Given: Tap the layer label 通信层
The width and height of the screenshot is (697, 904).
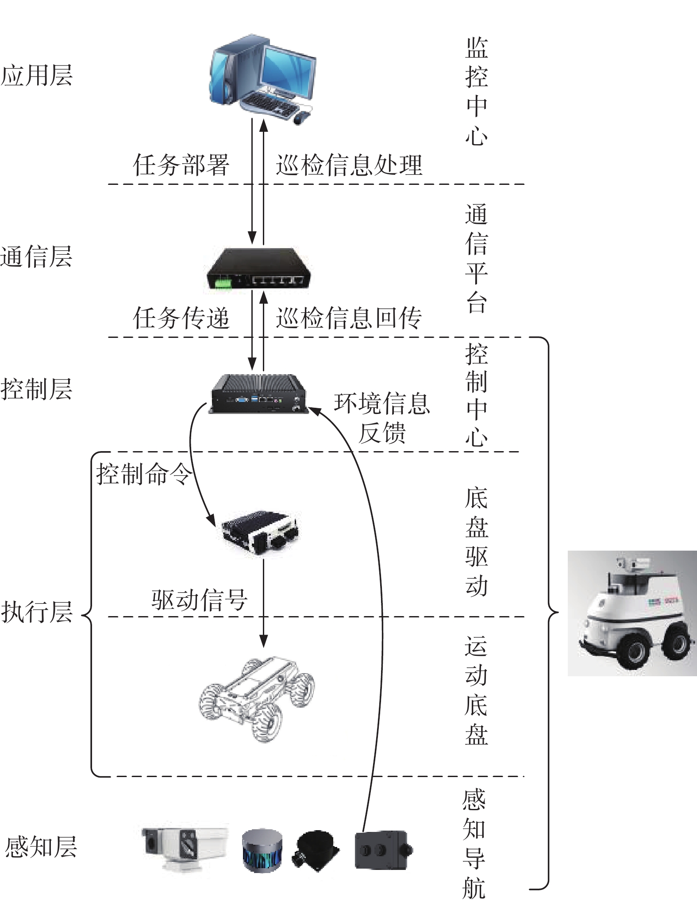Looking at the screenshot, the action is point(36,257).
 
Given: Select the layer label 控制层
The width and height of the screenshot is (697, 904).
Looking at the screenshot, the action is point(37,389).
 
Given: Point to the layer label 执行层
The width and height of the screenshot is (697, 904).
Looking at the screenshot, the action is point(37,612).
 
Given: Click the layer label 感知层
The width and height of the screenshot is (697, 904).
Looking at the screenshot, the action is point(41,847).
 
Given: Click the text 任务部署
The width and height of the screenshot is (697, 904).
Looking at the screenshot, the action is point(181,165).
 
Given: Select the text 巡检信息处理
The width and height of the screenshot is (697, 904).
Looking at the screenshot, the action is point(349,165).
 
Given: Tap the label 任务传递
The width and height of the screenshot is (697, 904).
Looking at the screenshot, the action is point(181,318).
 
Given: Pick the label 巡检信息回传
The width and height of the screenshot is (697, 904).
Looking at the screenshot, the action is point(349,318).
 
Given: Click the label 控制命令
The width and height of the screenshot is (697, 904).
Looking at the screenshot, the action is point(145,474).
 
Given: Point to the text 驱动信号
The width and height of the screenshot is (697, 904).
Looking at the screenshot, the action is point(199,600).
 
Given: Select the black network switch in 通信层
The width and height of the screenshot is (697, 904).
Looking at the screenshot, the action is point(258,269).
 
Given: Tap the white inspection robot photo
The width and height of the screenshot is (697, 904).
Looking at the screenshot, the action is point(632,613).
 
